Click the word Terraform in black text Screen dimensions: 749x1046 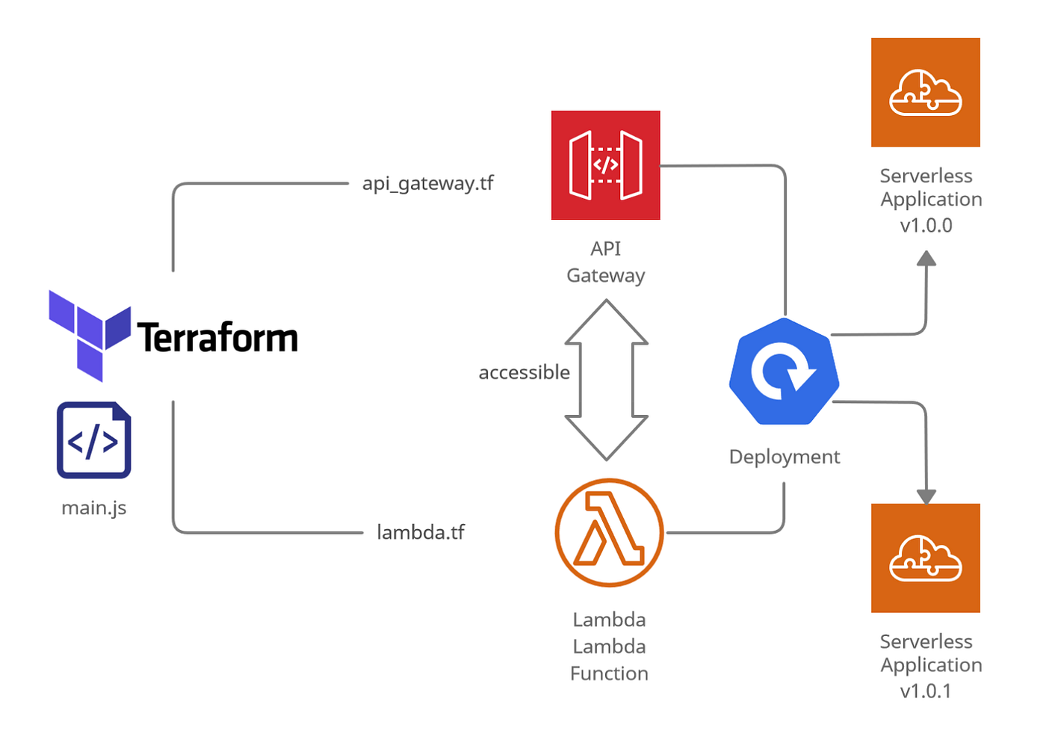pyautogui.click(x=217, y=338)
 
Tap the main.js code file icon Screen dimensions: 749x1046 pyautogui.click(x=94, y=440)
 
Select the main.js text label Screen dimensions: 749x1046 pyautogui.click(x=94, y=508)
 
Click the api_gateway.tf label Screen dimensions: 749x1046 pyautogui.click(x=427, y=183)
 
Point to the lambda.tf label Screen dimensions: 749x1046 pyautogui.click(x=420, y=532)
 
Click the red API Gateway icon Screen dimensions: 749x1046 pyautogui.click(x=605, y=165)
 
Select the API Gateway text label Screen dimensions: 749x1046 pyautogui.click(x=605, y=262)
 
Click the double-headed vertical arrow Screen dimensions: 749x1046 pyautogui.click(x=606, y=380)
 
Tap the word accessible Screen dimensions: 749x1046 pyautogui.click(x=524, y=372)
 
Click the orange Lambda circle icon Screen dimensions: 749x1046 pyautogui.click(x=609, y=532)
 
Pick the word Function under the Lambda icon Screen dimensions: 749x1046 pyautogui.click(x=609, y=674)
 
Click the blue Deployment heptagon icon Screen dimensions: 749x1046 pyautogui.click(x=784, y=372)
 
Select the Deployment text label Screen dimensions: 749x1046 pyautogui.click(x=784, y=457)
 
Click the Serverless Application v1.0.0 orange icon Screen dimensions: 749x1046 pyautogui.click(x=925, y=93)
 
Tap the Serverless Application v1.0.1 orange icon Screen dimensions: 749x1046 pyautogui.click(x=925, y=558)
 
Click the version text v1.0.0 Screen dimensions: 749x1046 pyautogui.click(x=926, y=225)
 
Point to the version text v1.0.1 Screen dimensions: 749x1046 pyautogui.click(x=926, y=691)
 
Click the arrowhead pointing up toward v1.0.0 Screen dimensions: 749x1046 pyautogui.click(x=926, y=259)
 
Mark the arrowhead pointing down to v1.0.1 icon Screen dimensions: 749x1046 pyautogui.click(x=926, y=496)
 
